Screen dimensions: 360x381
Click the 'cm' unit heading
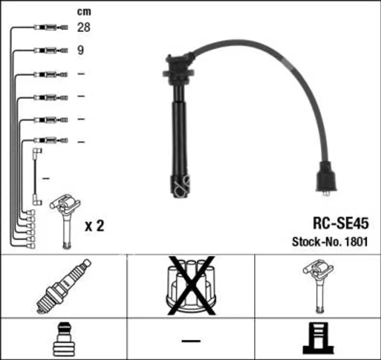point(84,12)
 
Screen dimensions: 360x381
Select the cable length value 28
point(84,27)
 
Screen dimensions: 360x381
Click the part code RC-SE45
point(341,223)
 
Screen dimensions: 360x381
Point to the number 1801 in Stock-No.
point(356,242)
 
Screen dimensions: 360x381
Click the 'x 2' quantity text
point(94,226)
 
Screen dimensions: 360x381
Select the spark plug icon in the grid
point(63,286)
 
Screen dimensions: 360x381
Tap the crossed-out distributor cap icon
point(190,285)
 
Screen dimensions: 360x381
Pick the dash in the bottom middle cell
point(190,340)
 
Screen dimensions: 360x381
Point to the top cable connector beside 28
point(51,27)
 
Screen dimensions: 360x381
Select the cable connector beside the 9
point(51,50)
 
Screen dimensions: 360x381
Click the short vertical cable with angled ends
point(37,176)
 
